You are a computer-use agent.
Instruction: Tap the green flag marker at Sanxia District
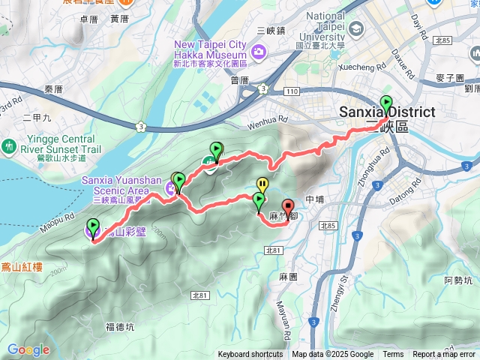(386, 105)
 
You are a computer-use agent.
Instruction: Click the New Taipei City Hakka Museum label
(210, 49)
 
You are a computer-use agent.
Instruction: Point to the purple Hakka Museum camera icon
(259, 52)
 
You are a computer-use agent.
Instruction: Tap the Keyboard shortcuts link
(250, 355)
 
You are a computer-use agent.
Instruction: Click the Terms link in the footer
(393, 355)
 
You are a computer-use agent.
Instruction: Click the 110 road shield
(292, 90)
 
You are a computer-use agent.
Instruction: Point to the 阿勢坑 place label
(457, 280)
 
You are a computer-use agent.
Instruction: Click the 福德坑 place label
(120, 326)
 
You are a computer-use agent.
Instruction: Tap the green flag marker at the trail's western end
(93, 226)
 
